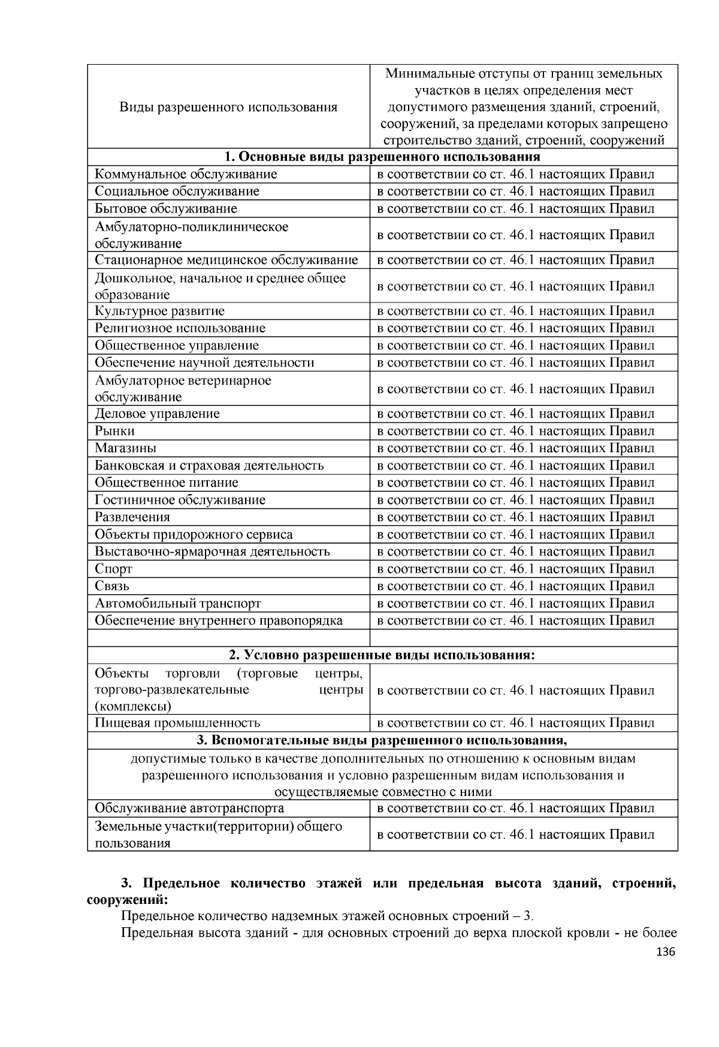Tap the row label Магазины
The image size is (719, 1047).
[x=126, y=448]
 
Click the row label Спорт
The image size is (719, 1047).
[x=114, y=568]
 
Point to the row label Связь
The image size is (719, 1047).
[x=112, y=586]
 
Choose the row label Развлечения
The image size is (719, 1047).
[x=132, y=517]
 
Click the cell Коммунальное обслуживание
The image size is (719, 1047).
[x=186, y=174]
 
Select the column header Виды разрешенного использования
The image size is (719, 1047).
[x=228, y=107]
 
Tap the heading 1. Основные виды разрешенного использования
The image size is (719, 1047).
[x=382, y=157]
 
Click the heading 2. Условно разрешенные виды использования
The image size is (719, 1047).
[x=382, y=655]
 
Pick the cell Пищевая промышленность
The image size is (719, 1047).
[x=177, y=723]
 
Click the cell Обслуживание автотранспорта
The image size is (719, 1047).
[x=189, y=808]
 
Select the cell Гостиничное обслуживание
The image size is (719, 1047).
[x=180, y=500]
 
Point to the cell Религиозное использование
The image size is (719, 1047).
[x=180, y=328]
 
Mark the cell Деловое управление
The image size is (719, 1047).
[x=157, y=413]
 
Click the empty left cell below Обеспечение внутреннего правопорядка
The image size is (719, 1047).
[x=228, y=638]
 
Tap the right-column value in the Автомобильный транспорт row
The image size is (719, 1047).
[x=515, y=603]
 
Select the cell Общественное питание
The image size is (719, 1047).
[x=167, y=482]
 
